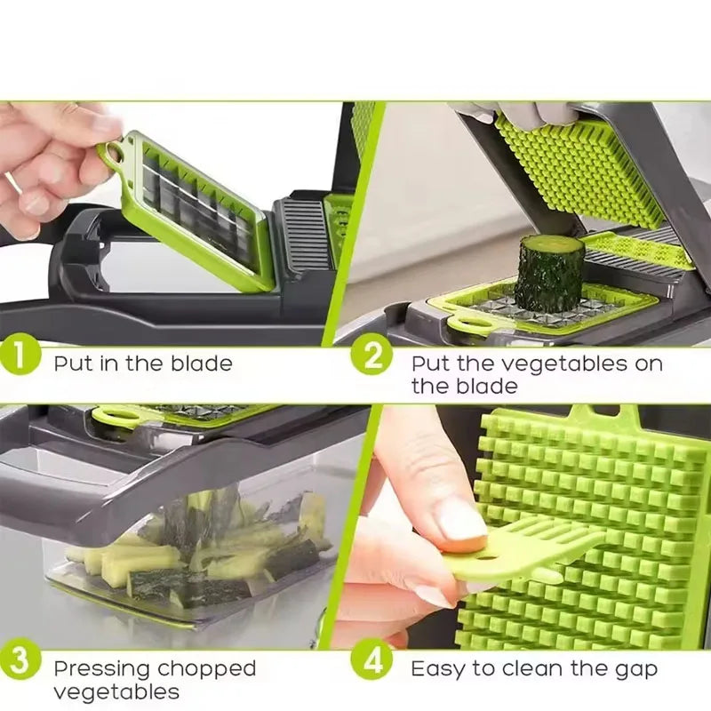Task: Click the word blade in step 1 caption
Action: [202, 363]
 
